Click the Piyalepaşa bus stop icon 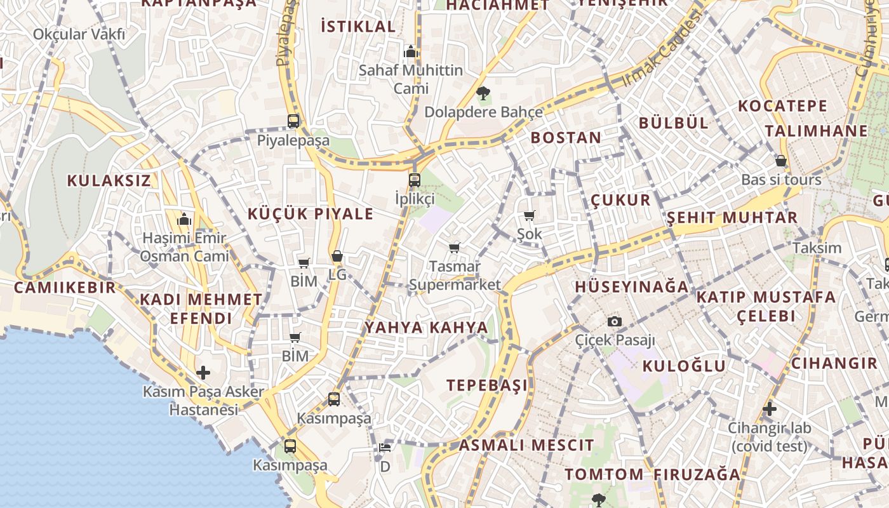point(293,121)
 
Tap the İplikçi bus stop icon point(415,180)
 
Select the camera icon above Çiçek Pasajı point(614,321)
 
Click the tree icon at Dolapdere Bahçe point(483,94)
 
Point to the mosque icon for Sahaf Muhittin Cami point(411,51)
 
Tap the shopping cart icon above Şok point(530,216)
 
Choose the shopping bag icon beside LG point(337,257)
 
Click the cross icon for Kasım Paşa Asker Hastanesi point(203,372)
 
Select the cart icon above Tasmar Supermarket point(454,248)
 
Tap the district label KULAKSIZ point(109,180)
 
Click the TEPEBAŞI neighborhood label point(487,385)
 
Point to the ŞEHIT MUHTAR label point(732,218)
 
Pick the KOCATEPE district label point(783,105)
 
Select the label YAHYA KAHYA point(427,328)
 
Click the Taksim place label point(817,248)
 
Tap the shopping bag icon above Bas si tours point(781,161)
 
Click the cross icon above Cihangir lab point(770,409)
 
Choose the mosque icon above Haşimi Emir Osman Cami point(185,220)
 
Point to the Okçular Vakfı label point(79,34)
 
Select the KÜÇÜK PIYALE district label point(311,214)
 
